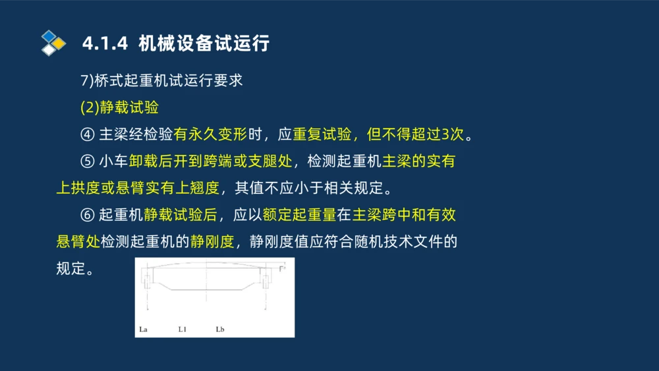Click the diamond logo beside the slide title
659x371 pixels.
click(53, 43)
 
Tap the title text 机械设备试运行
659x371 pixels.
click(204, 43)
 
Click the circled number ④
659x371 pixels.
click(88, 134)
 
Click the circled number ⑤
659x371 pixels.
click(88, 161)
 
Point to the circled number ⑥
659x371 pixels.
click(88, 215)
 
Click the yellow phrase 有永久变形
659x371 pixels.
click(210, 134)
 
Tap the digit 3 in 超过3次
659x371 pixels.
click(445, 134)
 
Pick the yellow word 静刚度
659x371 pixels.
click(212, 242)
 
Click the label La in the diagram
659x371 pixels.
click(144, 328)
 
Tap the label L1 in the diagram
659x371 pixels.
click(182, 328)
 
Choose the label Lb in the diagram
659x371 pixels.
click(220, 328)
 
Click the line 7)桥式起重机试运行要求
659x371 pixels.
click(161, 80)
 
